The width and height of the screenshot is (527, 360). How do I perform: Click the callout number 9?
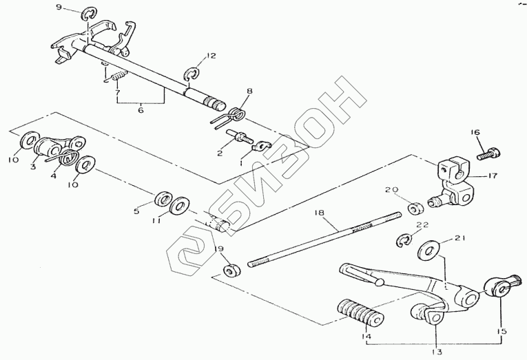pyautogui.click(x=59, y=8)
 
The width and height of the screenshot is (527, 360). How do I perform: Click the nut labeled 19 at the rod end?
pyautogui.click(x=231, y=268)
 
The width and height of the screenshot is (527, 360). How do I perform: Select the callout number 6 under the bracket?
pyautogui.click(x=141, y=109)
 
